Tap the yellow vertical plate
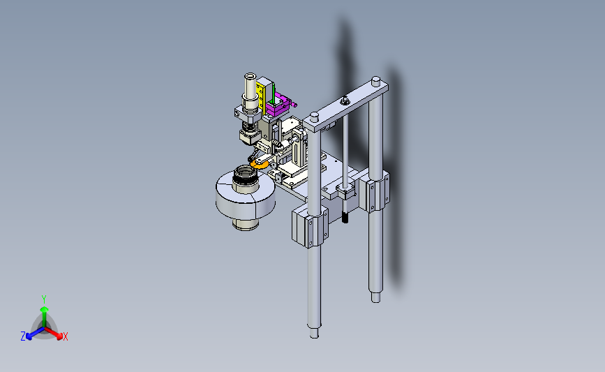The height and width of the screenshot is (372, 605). [261, 96]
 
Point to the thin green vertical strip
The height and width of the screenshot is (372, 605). [274, 94]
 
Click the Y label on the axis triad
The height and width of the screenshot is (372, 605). [44, 299]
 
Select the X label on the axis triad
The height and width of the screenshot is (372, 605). [65, 336]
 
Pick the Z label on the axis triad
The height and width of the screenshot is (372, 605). [23, 336]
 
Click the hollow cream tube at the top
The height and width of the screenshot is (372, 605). [251, 87]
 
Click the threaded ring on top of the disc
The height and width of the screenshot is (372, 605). [246, 174]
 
